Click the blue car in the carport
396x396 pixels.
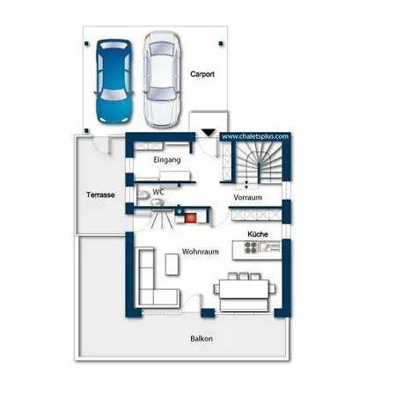point(114,81)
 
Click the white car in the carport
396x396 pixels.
point(162,80)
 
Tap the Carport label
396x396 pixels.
point(202,74)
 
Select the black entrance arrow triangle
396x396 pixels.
point(209,132)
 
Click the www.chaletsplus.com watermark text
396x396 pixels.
point(255,136)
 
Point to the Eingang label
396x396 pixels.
point(167,160)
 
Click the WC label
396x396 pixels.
point(158,192)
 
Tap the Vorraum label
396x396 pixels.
point(247,197)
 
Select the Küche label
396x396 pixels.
point(258,234)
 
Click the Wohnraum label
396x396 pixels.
point(201,252)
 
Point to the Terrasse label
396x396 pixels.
point(100,194)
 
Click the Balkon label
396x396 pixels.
point(202,339)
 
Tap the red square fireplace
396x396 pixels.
point(190,218)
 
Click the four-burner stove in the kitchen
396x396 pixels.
point(251,247)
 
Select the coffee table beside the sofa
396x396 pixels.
point(172,264)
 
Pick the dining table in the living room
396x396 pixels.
point(244,290)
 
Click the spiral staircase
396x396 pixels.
point(259,163)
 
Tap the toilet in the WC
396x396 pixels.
point(143,194)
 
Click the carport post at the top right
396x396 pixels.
point(221,44)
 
